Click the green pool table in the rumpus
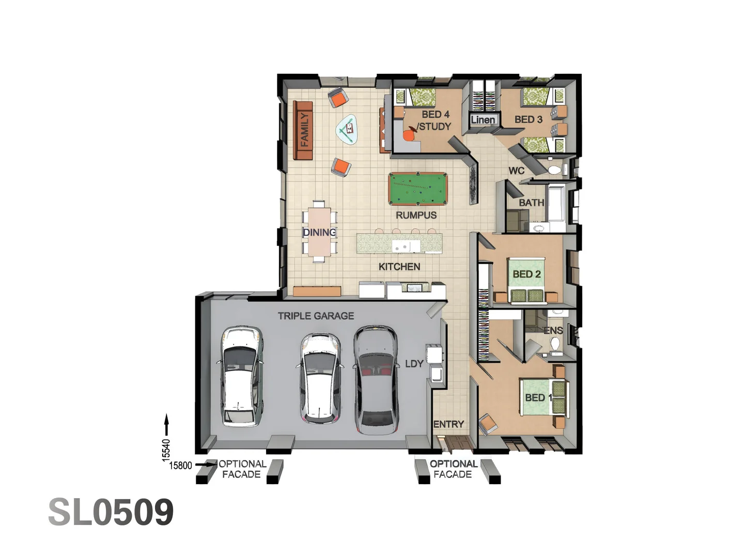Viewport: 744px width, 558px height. point(417,189)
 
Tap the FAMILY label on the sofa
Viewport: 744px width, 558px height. point(304,130)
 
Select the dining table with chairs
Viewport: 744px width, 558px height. point(319,231)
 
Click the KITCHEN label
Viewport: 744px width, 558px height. point(399,267)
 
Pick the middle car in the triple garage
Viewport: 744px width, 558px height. point(319,378)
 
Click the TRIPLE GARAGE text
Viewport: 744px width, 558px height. point(316,316)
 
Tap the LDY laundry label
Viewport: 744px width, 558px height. point(414,364)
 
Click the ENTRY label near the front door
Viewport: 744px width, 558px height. point(448,424)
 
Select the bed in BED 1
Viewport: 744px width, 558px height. point(542,396)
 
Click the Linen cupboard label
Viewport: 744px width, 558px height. point(483,120)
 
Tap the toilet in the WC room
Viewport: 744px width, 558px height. point(554,169)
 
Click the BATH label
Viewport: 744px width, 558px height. point(531,203)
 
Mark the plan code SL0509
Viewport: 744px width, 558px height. point(111,512)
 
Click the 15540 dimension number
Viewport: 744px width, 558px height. point(166,449)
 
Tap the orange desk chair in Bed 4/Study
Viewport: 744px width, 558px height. point(408,135)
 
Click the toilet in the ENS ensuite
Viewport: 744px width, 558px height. point(555,344)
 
